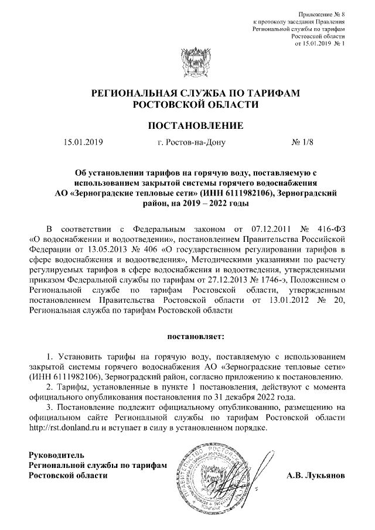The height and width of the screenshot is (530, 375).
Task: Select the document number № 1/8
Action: [x=302, y=142]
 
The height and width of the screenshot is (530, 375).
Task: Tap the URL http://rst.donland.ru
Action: [x=69, y=427]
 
